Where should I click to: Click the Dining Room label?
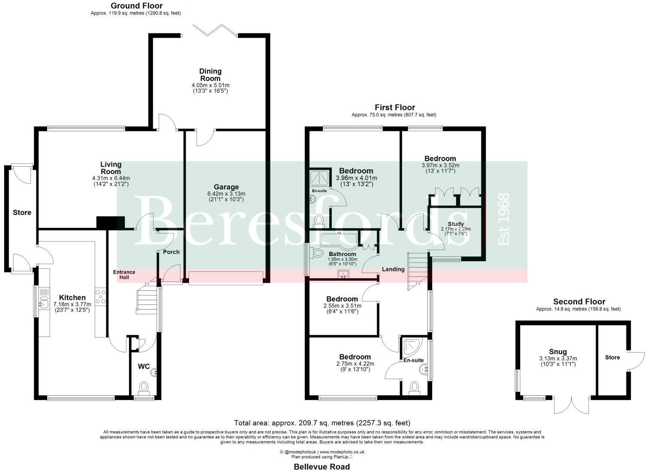(x=210, y=75)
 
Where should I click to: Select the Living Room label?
(x=111, y=168)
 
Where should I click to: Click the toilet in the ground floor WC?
(x=143, y=388)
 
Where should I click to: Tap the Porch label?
(x=171, y=252)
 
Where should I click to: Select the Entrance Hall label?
(x=124, y=274)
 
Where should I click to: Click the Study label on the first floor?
(x=455, y=224)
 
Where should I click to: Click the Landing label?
(x=393, y=269)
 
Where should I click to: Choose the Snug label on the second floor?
(x=558, y=352)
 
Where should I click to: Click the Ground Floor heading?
(x=137, y=6)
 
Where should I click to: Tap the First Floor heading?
(x=394, y=107)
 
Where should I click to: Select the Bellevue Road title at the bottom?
(x=322, y=467)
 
